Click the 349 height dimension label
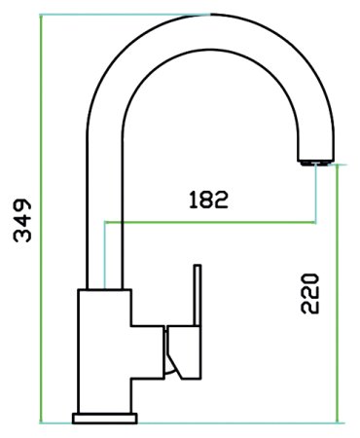[22, 220]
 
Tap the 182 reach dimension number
[209, 200]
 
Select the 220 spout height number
[310, 294]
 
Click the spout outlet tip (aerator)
[315, 163]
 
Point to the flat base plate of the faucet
[105, 419]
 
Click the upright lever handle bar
[198, 295]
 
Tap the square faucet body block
[104, 350]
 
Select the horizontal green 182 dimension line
[210, 223]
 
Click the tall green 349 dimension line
[41, 219]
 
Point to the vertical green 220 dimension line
[338, 294]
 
